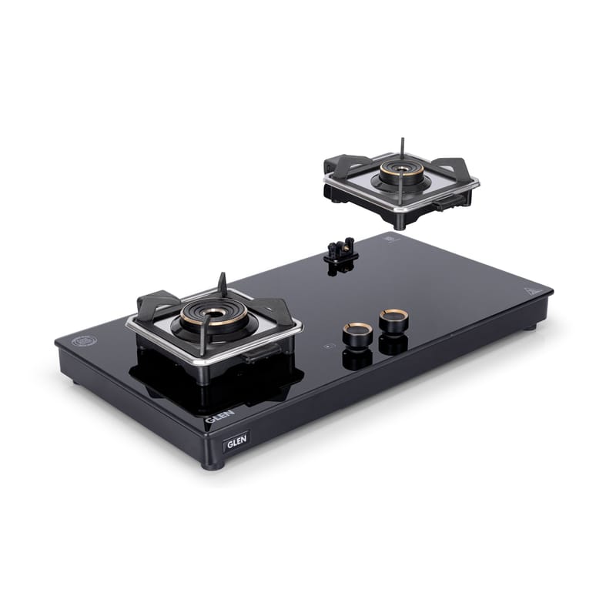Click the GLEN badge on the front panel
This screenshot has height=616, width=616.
[236, 441]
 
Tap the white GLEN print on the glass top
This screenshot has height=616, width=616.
[220, 416]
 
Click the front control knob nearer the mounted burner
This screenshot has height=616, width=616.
[357, 334]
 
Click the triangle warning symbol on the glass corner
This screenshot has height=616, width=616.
[531, 292]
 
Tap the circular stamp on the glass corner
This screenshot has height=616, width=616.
[84, 341]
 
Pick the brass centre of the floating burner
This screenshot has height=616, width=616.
[401, 169]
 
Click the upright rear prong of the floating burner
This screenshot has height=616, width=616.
[402, 149]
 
